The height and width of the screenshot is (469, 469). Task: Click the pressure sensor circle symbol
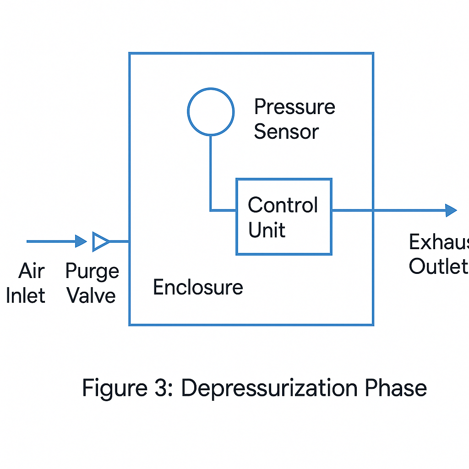click(x=211, y=112)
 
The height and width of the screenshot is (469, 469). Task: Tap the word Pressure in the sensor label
click(x=294, y=107)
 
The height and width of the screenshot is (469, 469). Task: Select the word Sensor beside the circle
click(x=286, y=132)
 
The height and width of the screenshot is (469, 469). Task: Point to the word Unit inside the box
click(x=267, y=229)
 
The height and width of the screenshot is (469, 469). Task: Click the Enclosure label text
click(x=198, y=287)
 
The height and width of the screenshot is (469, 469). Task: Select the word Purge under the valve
click(x=92, y=271)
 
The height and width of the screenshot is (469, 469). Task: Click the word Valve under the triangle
click(x=91, y=295)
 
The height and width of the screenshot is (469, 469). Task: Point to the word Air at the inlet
click(x=32, y=271)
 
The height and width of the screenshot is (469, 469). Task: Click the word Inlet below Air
click(x=26, y=295)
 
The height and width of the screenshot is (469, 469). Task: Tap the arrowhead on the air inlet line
click(x=81, y=241)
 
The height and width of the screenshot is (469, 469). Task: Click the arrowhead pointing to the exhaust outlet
click(x=451, y=210)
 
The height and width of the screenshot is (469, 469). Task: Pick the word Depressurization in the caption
click(x=269, y=388)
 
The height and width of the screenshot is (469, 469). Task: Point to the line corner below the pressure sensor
click(x=211, y=210)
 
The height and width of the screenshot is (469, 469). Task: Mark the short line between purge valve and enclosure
click(x=120, y=241)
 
